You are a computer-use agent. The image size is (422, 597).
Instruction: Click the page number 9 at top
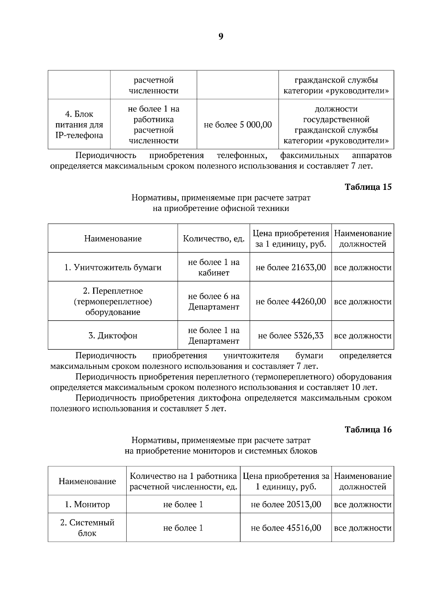220,37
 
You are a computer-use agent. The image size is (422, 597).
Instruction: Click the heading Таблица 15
368,187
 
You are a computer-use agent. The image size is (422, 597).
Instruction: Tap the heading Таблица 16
368,429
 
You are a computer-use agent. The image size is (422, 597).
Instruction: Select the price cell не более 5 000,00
238,125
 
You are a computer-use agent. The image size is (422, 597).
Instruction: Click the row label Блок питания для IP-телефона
79,125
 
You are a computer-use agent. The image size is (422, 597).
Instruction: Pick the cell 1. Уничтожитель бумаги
113,267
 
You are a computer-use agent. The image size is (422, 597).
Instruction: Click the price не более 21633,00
290,267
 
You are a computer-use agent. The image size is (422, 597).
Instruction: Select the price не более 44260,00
290,301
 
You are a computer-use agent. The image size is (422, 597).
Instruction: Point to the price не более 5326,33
290,335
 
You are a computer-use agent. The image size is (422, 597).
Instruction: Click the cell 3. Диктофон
113,335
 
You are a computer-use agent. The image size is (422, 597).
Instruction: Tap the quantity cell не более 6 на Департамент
213,301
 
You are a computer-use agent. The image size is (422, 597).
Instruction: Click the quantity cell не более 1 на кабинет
213,267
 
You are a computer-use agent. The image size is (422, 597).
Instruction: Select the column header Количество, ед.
213,238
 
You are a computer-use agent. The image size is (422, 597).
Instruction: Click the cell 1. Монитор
87,504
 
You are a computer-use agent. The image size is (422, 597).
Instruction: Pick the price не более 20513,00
286,504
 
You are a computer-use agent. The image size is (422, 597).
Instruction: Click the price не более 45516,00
286,528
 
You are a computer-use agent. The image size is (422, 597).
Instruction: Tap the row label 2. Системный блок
87,528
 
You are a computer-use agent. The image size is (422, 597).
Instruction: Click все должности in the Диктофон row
363,335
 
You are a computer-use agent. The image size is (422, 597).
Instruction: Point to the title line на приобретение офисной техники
221,208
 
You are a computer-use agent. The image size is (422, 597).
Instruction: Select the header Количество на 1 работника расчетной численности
183,481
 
